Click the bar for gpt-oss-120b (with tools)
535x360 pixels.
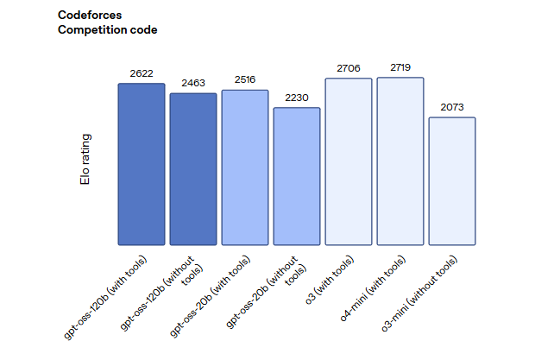(142, 164)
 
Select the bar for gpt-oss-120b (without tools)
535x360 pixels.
(193, 169)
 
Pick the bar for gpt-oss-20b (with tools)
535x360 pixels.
(245, 167)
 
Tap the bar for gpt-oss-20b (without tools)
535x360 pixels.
(297, 176)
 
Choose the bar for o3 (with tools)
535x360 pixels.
(349, 161)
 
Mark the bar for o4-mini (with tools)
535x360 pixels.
(400, 161)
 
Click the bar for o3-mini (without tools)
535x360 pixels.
(452, 181)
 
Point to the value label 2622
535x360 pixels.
(142, 73)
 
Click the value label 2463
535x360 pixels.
(193, 84)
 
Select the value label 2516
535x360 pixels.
(245, 80)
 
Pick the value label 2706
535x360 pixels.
(349, 68)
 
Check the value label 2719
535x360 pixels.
(400, 67)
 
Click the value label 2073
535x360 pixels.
(452, 108)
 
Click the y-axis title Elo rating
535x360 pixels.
(85, 159)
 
